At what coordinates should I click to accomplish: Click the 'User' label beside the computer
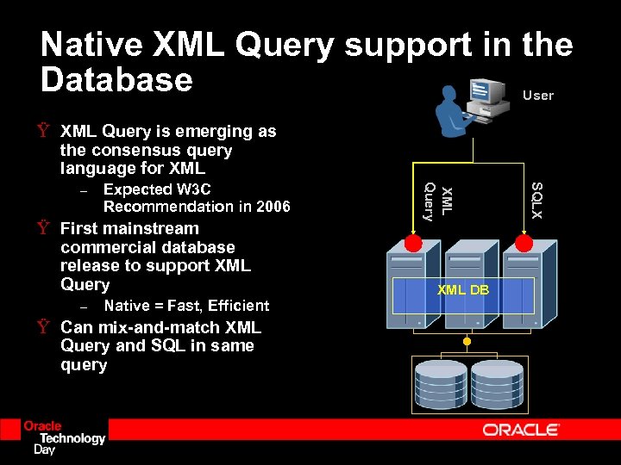click(x=538, y=96)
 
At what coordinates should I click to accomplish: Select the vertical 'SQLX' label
click(x=536, y=200)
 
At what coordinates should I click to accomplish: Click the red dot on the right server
click(x=524, y=244)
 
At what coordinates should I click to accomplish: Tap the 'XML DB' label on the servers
click(x=462, y=290)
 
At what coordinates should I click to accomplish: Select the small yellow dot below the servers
click(x=467, y=342)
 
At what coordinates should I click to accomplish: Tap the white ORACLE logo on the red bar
click(x=521, y=429)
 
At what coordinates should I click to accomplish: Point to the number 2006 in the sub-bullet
click(x=272, y=207)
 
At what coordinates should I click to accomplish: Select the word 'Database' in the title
click(x=116, y=80)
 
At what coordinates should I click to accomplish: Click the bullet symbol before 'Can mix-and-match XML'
click(x=42, y=328)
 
